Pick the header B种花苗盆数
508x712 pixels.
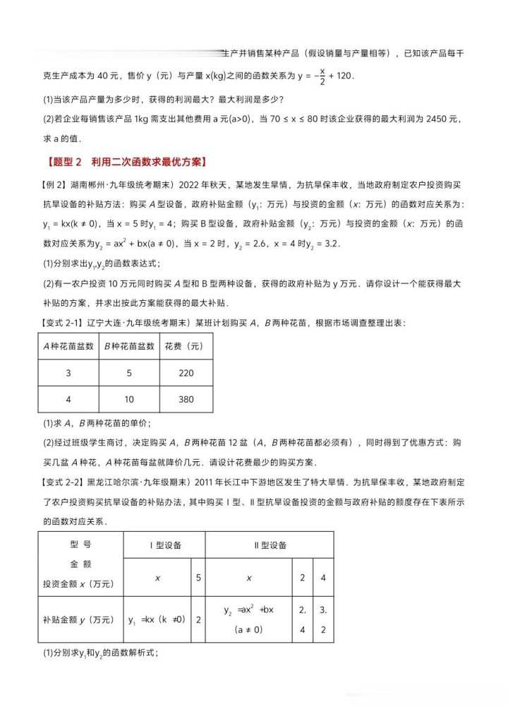[128, 346]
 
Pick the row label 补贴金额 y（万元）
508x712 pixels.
[78, 619]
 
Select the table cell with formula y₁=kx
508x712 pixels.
[157, 619]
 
